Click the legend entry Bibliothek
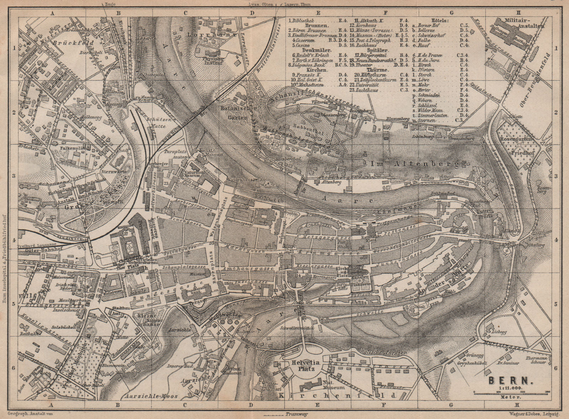click(303, 21)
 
